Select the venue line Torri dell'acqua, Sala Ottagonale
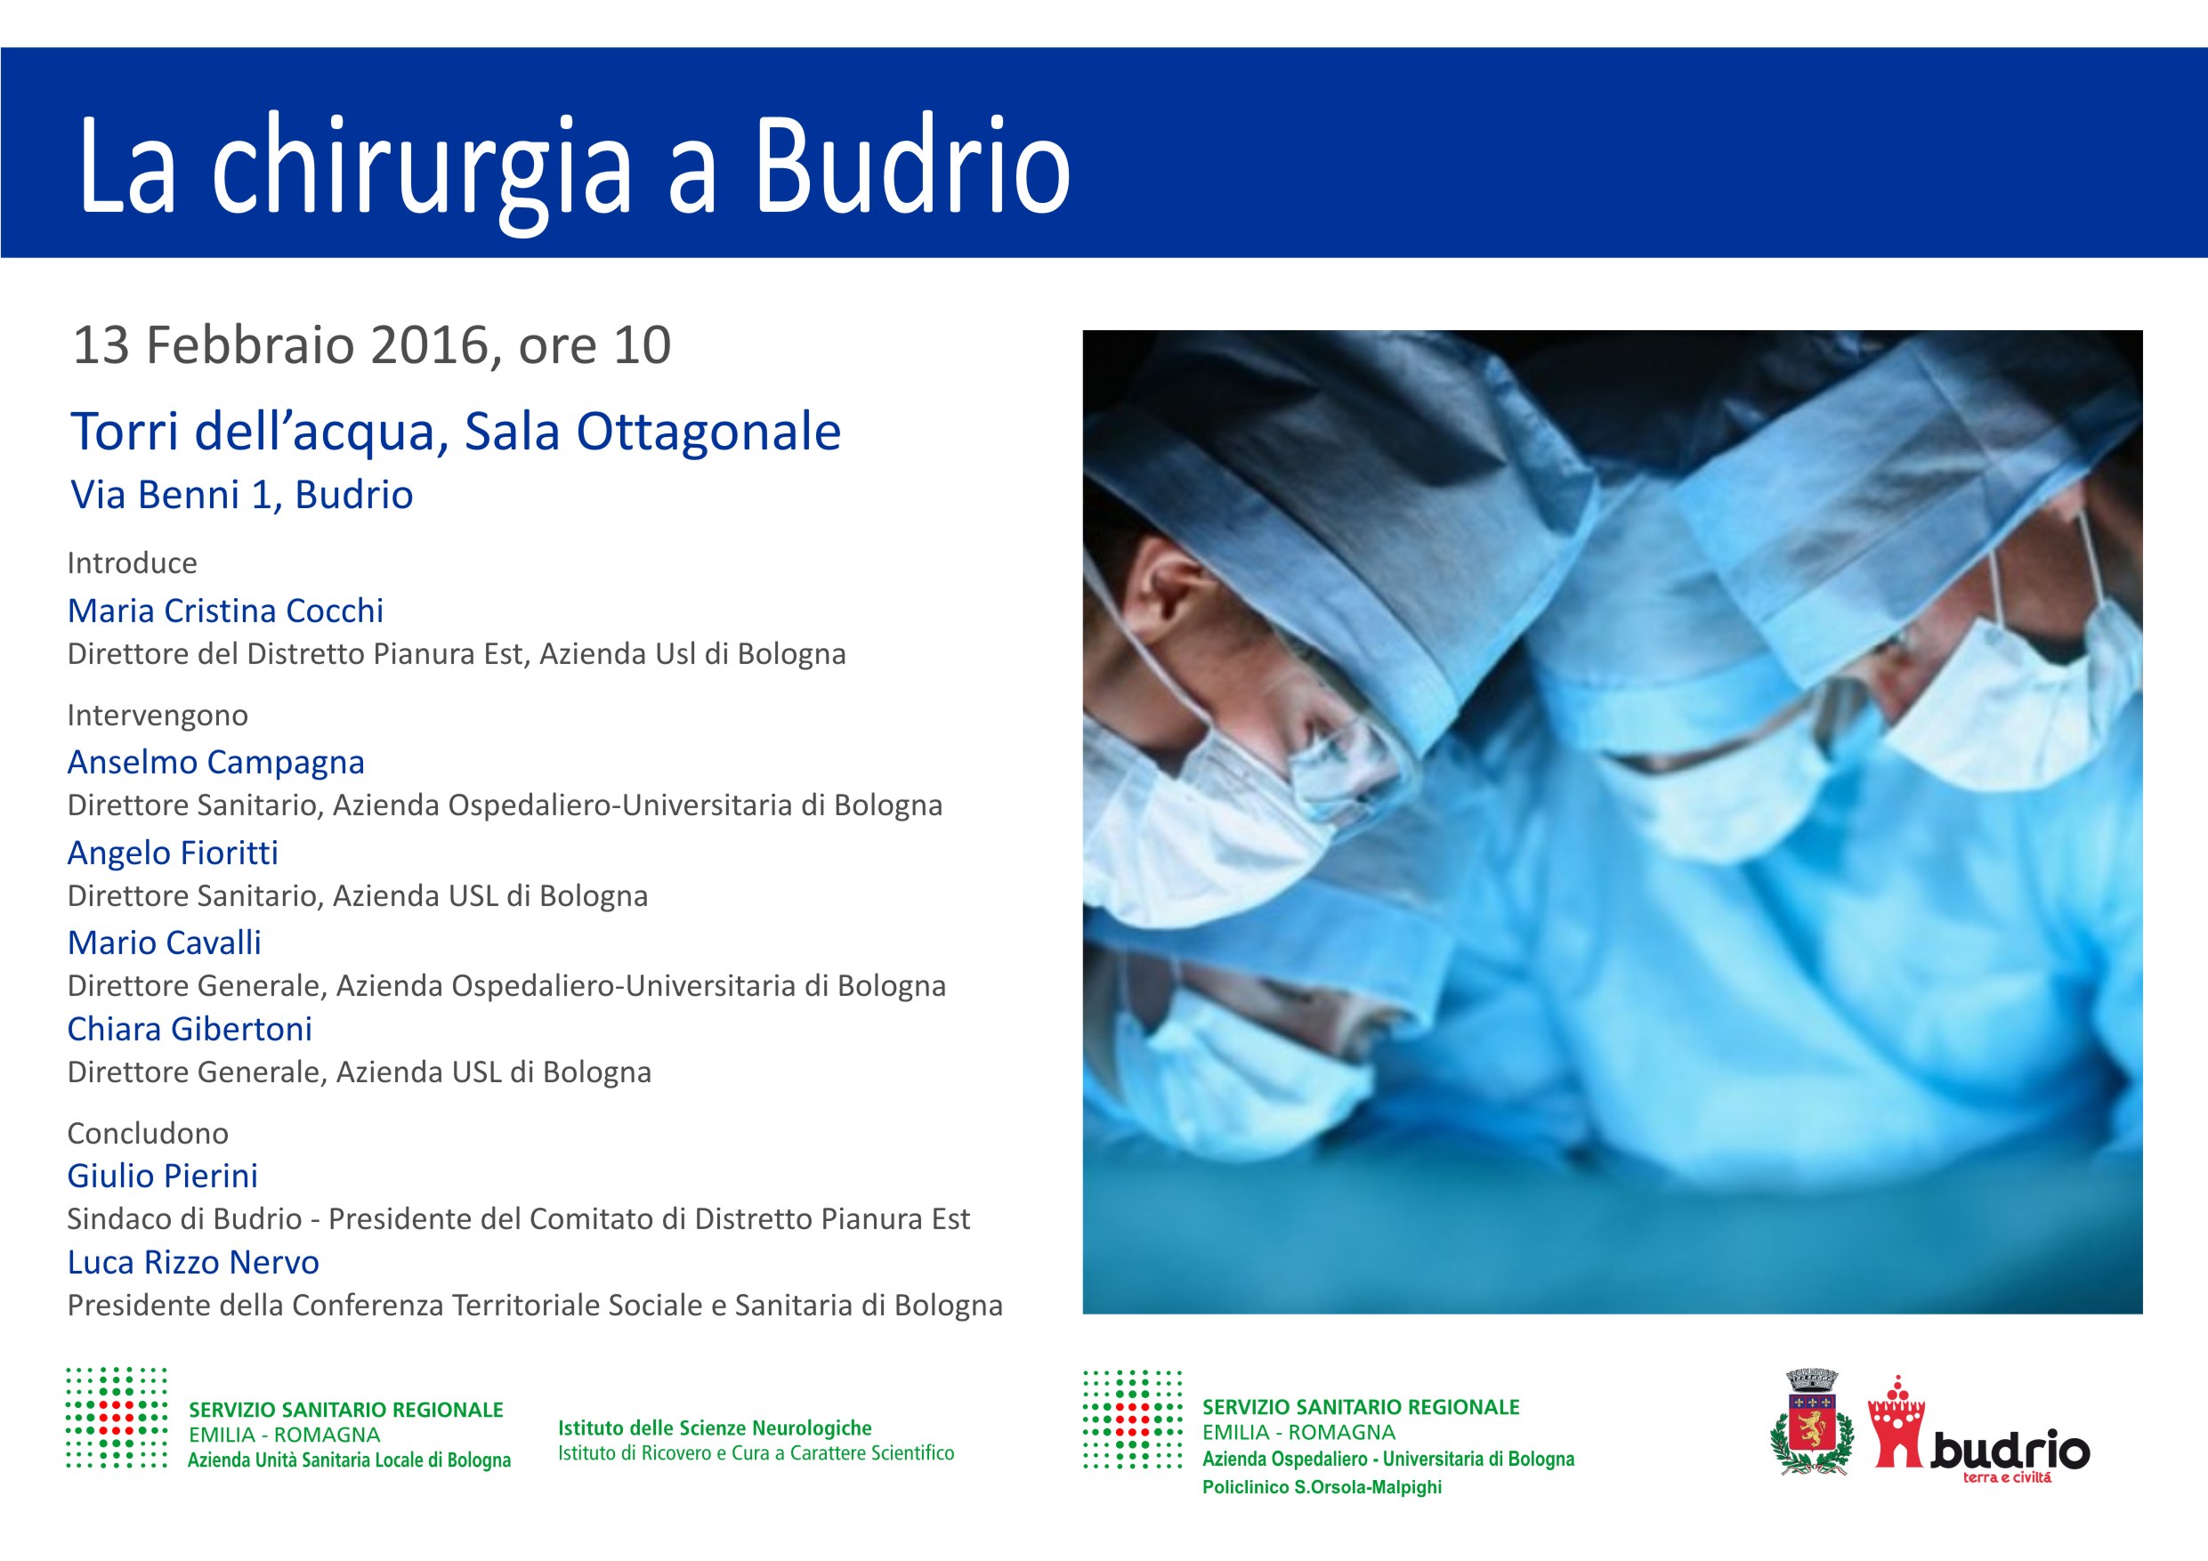tap(456, 431)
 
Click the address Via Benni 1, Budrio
tap(241, 494)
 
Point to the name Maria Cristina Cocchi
tap(225, 611)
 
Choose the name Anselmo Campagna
tap(215, 762)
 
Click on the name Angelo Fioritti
tap(172, 853)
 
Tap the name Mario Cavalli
tap(164, 942)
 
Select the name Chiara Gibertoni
tap(190, 1029)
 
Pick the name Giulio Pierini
tap(162, 1176)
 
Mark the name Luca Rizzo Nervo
tap(192, 1262)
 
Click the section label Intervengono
tap(157, 716)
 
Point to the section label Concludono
tap(147, 1133)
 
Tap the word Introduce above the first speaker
tap(132, 562)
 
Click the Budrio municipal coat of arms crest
tap(1811, 1422)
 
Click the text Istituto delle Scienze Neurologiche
tap(714, 1428)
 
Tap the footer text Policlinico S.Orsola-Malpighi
tap(1321, 1487)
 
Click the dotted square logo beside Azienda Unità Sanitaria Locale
tap(116, 1418)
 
